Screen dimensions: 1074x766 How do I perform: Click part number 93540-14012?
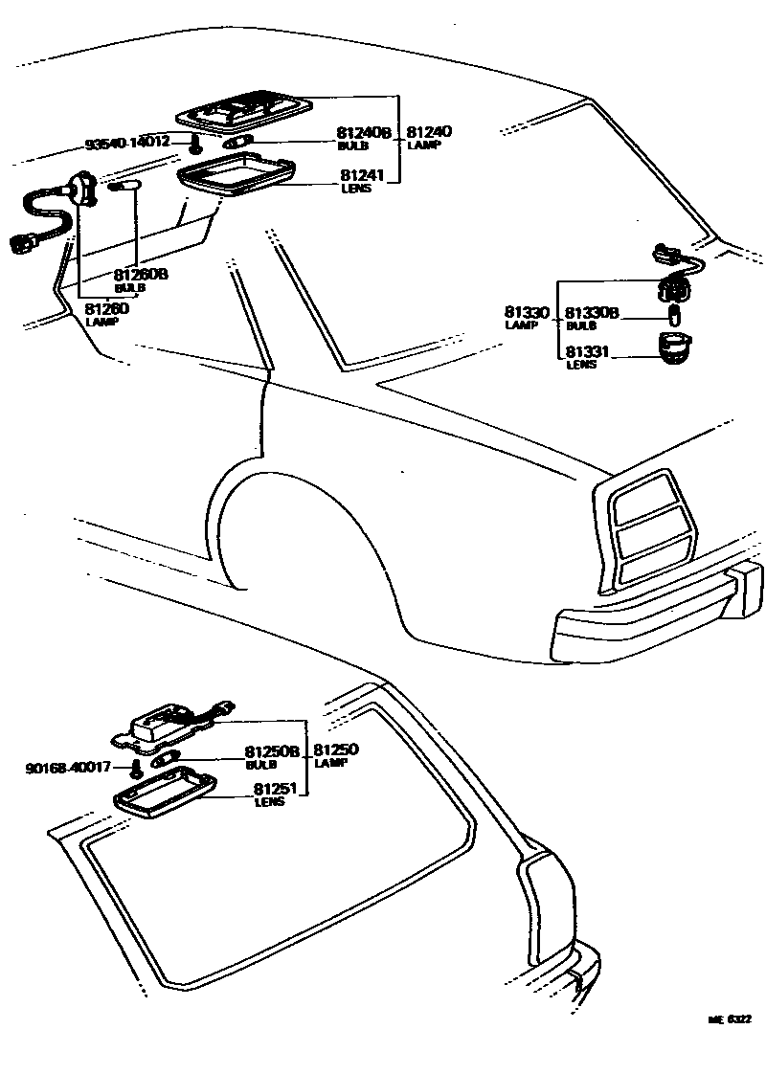point(127,143)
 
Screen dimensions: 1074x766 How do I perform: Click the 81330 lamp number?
point(526,312)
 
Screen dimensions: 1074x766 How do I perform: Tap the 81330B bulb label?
point(592,312)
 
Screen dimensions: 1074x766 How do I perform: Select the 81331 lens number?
point(585,352)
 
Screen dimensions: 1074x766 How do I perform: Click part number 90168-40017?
point(70,767)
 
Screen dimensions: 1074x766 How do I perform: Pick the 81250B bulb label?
point(272,751)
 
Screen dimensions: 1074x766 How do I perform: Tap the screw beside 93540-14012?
point(195,145)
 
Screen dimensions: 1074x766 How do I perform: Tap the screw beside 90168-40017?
point(137,770)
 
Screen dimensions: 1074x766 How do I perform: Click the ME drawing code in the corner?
point(729,1020)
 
